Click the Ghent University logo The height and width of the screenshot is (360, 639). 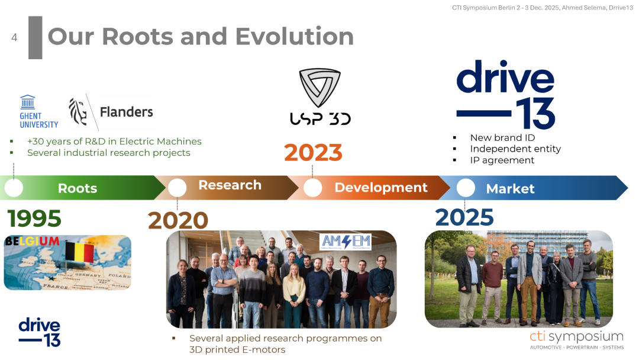pyautogui.click(x=38, y=112)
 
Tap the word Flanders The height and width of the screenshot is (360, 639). pyautogui.click(x=127, y=112)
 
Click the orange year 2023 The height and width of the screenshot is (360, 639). pyautogui.click(x=313, y=153)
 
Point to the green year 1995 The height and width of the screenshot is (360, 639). pyautogui.click(x=34, y=218)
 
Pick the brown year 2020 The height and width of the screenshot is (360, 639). pyautogui.click(x=178, y=221)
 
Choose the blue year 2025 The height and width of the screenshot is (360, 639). pyautogui.click(x=464, y=217)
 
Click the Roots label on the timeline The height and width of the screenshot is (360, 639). pyautogui.click(x=78, y=188)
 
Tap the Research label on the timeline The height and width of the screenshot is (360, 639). pyautogui.click(x=230, y=185)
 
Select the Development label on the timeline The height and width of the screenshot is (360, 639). pyautogui.click(x=381, y=188)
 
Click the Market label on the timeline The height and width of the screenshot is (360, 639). pyautogui.click(x=510, y=189)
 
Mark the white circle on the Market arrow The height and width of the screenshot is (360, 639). pyautogui.click(x=466, y=188)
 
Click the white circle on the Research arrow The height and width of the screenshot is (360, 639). pyautogui.click(x=177, y=188)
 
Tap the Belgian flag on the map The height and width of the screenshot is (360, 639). pyautogui.click(x=79, y=252)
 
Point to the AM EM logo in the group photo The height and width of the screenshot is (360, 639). pyautogui.click(x=346, y=242)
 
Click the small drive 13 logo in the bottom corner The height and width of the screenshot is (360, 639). pyautogui.click(x=40, y=332)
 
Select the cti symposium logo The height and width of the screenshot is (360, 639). pyautogui.click(x=577, y=340)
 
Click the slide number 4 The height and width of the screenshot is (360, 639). pyautogui.click(x=14, y=37)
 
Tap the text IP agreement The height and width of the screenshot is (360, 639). pyautogui.click(x=502, y=160)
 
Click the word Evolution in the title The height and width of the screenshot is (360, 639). pyautogui.click(x=294, y=36)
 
